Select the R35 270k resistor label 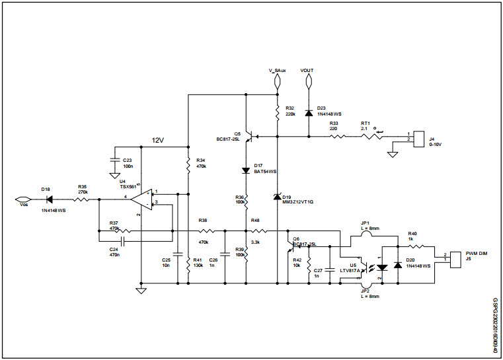click(x=82, y=190)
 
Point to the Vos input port click(x=22, y=199)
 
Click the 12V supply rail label click(x=158, y=141)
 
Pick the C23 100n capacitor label click(x=128, y=162)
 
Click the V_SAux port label click(x=278, y=70)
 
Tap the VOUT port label click(x=307, y=70)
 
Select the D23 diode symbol click(x=308, y=113)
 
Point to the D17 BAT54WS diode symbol click(x=246, y=170)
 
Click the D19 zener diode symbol click(x=277, y=197)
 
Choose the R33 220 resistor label click(x=334, y=126)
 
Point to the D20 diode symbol click(x=398, y=265)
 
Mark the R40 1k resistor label click(x=412, y=236)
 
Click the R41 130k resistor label click(x=198, y=263)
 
